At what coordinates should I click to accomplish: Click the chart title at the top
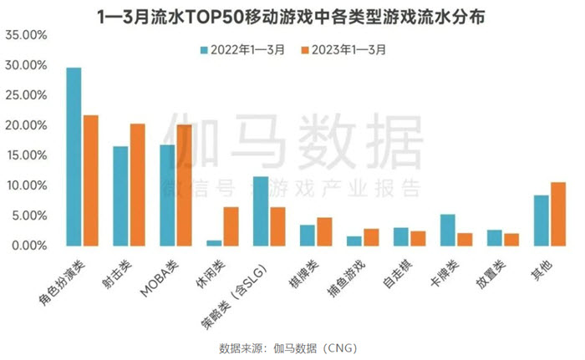tap(292, 15)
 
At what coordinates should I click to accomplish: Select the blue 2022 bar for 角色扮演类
tap(74, 157)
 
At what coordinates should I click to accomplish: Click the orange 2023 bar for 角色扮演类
tap(90, 180)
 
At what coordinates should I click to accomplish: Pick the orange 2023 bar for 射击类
tap(137, 185)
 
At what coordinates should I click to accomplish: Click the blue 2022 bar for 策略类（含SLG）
tap(262, 211)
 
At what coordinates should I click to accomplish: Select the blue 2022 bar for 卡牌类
tap(448, 231)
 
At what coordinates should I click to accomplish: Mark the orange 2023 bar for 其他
tap(557, 214)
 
